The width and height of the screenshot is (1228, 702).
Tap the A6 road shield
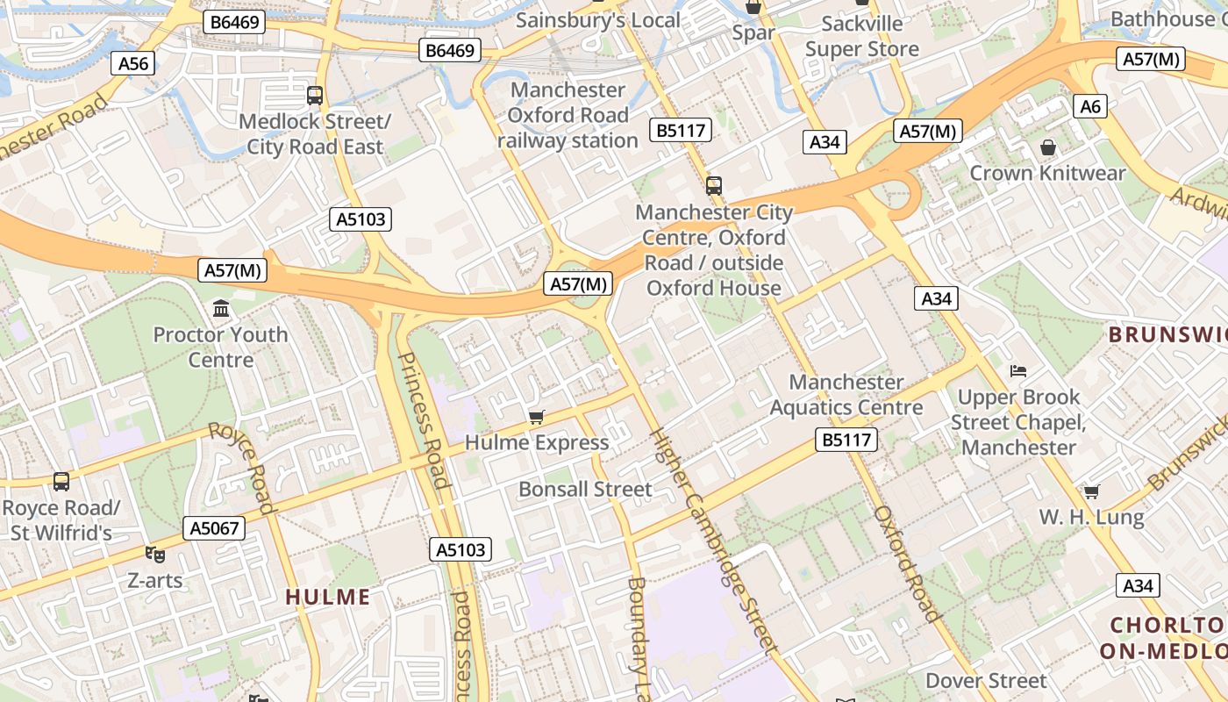point(1089,107)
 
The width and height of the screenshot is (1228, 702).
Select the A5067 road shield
point(213,528)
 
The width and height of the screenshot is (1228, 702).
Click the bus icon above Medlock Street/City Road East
point(314,96)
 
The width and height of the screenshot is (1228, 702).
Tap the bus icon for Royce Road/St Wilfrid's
point(61,482)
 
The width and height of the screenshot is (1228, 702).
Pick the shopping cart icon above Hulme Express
point(536,417)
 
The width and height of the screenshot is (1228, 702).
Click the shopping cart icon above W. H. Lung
point(1091,491)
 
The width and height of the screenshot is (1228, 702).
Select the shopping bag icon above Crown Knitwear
point(1047,147)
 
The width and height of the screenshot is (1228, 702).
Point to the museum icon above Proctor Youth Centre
point(221,309)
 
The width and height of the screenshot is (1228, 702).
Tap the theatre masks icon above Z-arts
point(155,554)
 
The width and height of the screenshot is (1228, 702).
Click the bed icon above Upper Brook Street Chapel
point(1017,371)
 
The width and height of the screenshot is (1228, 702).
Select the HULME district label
point(328,598)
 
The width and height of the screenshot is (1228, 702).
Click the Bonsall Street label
point(585,489)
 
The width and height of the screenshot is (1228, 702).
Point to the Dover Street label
point(986,681)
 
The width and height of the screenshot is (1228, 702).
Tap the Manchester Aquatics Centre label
point(846,395)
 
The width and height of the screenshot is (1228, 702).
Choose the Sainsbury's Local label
point(597,20)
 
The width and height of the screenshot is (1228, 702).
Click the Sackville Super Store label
point(861,36)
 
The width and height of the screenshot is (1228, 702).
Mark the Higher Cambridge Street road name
point(714,541)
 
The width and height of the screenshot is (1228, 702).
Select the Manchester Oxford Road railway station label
point(568,115)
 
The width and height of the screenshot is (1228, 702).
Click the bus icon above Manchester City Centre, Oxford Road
point(714,186)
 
